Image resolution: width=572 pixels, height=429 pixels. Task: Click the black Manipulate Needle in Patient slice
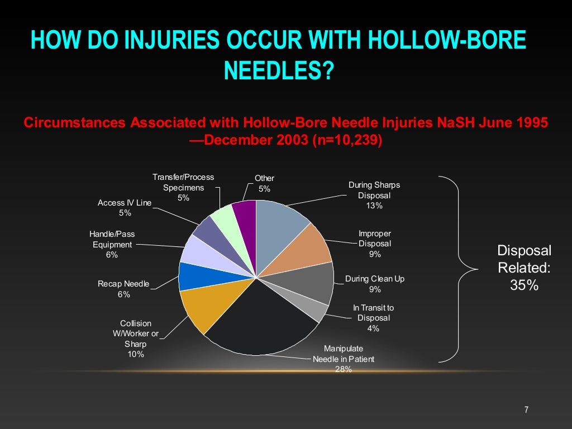(x=257, y=324)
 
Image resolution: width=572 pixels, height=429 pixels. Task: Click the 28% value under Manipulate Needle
(x=343, y=369)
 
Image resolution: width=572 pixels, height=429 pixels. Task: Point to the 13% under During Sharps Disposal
(x=374, y=206)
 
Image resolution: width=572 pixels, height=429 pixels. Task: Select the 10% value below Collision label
(x=136, y=354)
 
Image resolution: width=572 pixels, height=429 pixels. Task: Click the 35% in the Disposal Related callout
(x=524, y=285)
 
